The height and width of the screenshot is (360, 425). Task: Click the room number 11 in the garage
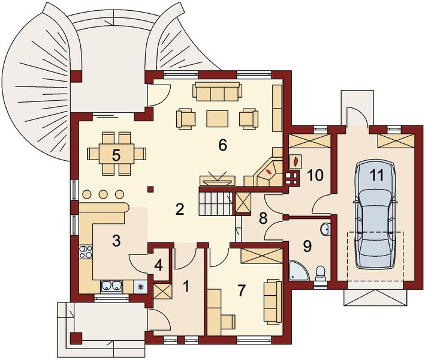(376, 175)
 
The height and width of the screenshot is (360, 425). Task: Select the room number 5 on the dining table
(116, 154)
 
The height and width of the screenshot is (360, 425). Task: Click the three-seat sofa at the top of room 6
(216, 92)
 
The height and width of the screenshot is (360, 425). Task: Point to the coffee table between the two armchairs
(217, 118)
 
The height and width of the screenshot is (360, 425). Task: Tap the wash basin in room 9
(325, 229)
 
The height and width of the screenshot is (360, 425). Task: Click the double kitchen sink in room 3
(111, 286)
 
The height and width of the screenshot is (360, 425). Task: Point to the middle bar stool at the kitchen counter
(103, 194)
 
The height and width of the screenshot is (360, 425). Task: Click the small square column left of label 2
(151, 190)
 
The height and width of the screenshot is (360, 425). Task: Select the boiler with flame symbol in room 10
(296, 161)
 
